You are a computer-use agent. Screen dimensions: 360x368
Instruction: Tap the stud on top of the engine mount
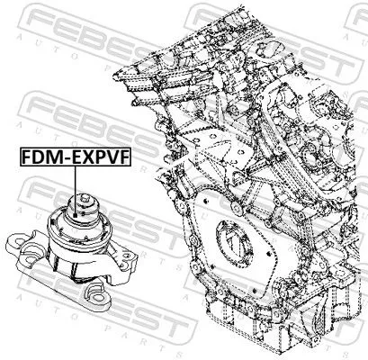pyautogui.click(x=86, y=199)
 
